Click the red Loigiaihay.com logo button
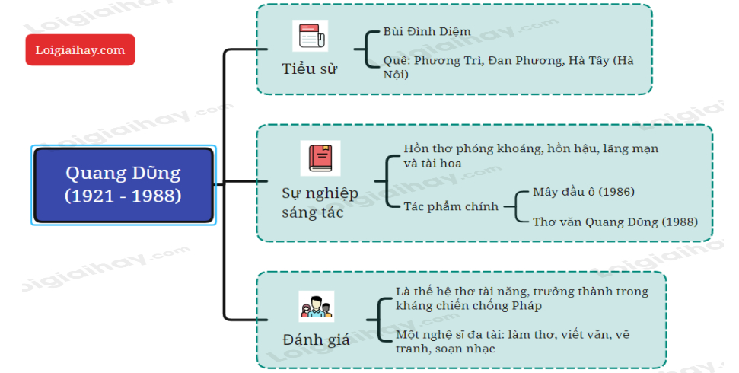(x=80, y=50)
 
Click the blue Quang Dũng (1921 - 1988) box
(x=123, y=185)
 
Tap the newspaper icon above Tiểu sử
(x=310, y=36)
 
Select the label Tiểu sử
(x=309, y=69)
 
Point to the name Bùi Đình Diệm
(x=427, y=32)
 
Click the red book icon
(x=320, y=158)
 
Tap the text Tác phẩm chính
(x=451, y=206)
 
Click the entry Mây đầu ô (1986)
(x=584, y=191)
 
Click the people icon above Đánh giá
(x=316, y=307)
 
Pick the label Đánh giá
(x=316, y=340)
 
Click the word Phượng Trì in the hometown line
(x=448, y=60)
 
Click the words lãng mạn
(x=631, y=148)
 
